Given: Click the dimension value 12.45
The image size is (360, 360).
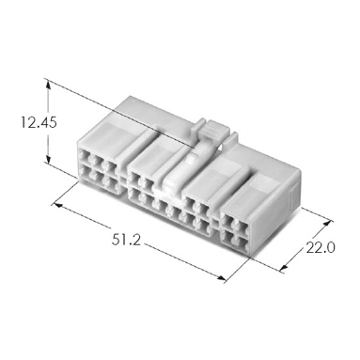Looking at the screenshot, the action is [39, 122].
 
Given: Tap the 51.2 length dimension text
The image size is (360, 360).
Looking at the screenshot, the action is [126, 241].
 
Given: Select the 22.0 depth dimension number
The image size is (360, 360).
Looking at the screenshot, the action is [321, 248].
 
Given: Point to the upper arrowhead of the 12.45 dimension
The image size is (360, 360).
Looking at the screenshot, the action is [48, 84].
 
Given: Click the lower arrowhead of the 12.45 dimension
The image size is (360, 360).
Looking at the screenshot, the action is [48, 159].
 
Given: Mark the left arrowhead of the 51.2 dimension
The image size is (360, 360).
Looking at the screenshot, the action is [58, 205].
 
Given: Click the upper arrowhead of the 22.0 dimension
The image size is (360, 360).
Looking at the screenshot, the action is [327, 223].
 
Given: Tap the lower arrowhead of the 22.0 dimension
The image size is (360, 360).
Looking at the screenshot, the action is [283, 267].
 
